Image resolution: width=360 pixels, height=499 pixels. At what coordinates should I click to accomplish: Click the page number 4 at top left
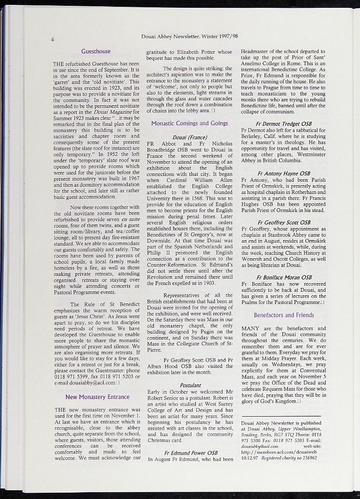[x=52, y=39]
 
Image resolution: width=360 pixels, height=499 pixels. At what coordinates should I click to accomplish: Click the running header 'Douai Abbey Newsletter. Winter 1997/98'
[x=189, y=36]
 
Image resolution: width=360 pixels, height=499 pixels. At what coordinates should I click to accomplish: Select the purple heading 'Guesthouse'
[x=96, y=51]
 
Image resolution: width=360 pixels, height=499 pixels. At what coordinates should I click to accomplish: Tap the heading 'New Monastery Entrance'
[x=97, y=397]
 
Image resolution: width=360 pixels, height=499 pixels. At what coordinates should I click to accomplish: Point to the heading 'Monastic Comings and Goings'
[x=189, y=123]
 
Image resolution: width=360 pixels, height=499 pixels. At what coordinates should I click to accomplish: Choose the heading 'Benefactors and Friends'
[x=284, y=315]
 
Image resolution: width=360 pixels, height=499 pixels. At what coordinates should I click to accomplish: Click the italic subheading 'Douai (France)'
[x=190, y=137]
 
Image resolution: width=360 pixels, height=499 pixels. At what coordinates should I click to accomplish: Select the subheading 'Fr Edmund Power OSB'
[x=190, y=452]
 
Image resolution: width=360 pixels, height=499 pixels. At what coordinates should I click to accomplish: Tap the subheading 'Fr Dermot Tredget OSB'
[x=284, y=124]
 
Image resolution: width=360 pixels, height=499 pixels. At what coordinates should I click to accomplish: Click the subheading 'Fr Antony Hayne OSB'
[x=284, y=173]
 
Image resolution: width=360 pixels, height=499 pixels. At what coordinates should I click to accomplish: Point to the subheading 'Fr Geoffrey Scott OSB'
[x=284, y=223]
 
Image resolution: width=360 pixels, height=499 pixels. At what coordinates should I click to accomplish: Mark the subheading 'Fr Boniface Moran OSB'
[x=284, y=277]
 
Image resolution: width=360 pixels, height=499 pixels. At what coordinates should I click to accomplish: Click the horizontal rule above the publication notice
[x=281, y=416]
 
